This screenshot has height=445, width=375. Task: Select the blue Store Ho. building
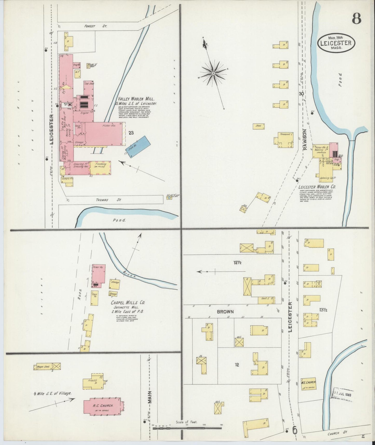click(x=139, y=146)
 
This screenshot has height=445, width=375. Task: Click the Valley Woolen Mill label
click(x=136, y=99)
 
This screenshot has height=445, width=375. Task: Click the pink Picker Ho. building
click(x=99, y=274)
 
